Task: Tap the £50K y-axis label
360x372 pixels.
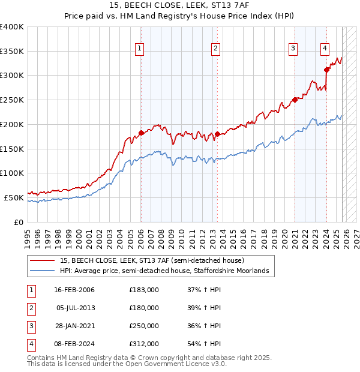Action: pyautogui.click(x=14, y=197)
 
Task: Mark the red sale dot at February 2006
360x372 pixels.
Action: pyautogui.click(x=141, y=133)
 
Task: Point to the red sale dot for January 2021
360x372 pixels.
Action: pyautogui.click(x=295, y=100)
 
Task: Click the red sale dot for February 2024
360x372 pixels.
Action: pyautogui.click(x=326, y=70)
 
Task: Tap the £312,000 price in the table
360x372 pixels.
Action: pyautogui.click(x=144, y=344)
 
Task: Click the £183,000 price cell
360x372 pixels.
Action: pyautogui.click(x=144, y=289)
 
